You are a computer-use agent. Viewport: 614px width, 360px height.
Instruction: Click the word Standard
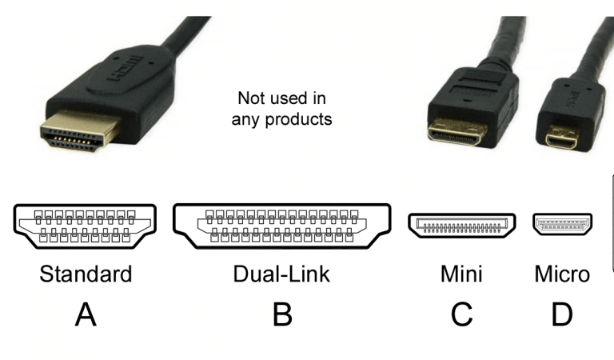86,274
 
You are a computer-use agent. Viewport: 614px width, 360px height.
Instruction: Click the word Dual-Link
281,274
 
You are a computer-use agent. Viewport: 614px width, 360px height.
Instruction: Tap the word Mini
461,274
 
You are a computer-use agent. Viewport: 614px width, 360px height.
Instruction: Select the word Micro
562,274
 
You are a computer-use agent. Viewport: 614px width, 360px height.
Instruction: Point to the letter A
86,314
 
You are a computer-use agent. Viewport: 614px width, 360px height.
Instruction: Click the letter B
281,314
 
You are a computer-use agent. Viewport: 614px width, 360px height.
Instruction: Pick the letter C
461,314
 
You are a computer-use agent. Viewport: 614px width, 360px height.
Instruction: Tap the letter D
562,314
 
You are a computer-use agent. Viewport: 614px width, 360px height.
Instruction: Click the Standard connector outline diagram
86,226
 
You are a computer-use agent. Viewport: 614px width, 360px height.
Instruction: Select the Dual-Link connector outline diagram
281,226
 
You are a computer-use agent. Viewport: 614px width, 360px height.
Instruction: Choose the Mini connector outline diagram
461,226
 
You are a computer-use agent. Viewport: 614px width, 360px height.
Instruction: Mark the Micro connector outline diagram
563,226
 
